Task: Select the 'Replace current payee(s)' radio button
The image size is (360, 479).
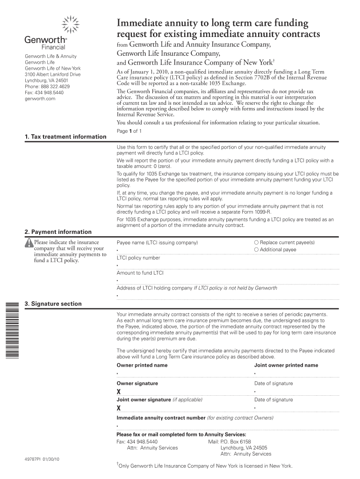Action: [256, 242]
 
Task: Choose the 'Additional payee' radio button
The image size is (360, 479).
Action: [256, 250]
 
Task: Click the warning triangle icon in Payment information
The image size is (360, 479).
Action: [29, 242]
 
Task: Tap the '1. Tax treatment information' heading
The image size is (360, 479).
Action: [65, 137]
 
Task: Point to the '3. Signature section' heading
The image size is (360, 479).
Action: [53, 304]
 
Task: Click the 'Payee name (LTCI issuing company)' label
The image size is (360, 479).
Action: [157, 243]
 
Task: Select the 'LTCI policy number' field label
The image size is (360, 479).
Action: [138, 258]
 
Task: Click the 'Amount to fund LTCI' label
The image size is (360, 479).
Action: [140, 273]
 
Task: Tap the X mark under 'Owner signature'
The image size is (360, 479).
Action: [119, 392]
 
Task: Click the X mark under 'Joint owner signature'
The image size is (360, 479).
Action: [119, 408]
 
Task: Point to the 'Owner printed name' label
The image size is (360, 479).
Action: [142, 365]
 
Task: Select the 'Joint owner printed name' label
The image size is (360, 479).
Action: [286, 365]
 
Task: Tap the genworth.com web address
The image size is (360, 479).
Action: [40, 99]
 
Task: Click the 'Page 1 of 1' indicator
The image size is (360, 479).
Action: [129, 131]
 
